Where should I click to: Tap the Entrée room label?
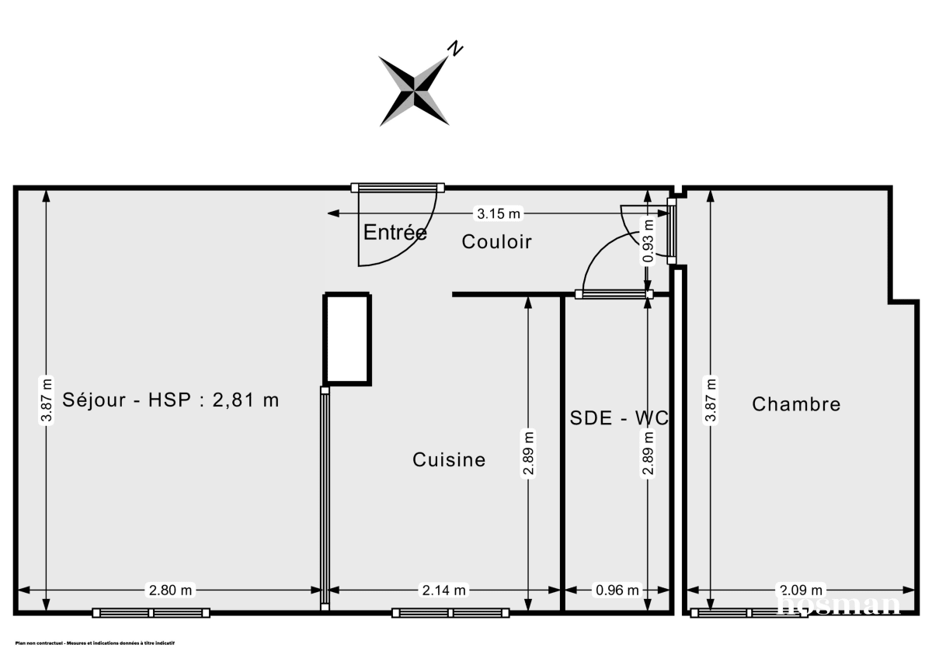[x=395, y=232]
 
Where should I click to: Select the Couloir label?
[x=496, y=241]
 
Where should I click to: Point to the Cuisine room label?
[x=449, y=460]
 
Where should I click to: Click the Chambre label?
[x=796, y=404]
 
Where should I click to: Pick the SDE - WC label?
[x=619, y=417]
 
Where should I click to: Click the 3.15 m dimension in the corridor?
[x=499, y=213]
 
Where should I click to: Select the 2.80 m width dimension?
[x=170, y=590]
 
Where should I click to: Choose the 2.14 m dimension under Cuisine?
[x=445, y=590]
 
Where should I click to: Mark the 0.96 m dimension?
[x=617, y=590]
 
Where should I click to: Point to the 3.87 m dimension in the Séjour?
[x=47, y=401]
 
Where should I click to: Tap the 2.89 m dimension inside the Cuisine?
[x=528, y=454]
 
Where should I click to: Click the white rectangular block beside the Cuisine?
[x=347, y=338]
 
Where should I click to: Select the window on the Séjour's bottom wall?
[x=151, y=612]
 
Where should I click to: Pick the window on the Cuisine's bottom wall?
[x=450, y=612]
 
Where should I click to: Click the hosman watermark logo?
[x=839, y=604]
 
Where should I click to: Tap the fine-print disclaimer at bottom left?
[x=95, y=643]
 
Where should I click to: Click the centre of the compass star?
[x=414, y=91]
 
